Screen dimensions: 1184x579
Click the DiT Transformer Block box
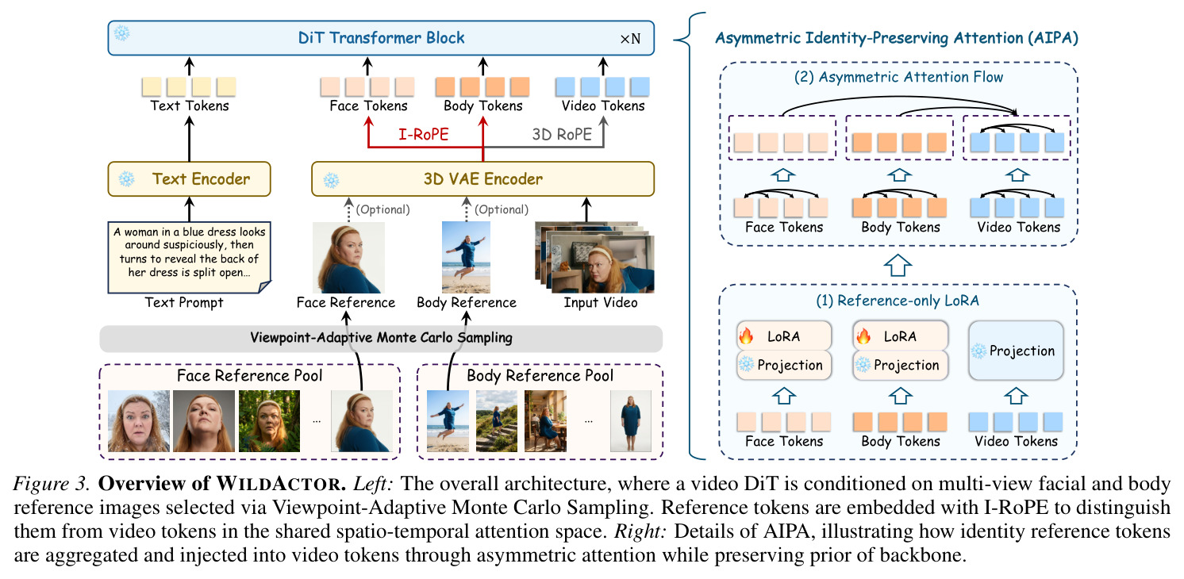coord(381,37)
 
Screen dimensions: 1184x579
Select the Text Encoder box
coord(189,179)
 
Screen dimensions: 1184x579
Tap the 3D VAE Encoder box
coord(482,179)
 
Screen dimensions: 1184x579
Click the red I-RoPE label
coord(424,134)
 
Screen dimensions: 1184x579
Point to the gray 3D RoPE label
coord(562,134)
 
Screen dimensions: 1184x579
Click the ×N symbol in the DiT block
coord(630,39)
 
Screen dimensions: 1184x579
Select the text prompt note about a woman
coord(189,257)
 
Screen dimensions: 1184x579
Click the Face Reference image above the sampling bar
coord(348,257)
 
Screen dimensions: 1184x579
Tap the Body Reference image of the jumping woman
coord(466,257)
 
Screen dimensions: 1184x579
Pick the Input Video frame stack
coord(594,257)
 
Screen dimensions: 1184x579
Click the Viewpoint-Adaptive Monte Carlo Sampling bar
coord(381,338)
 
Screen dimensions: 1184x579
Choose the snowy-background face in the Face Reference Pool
coord(139,421)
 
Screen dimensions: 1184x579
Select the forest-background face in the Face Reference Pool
coord(269,421)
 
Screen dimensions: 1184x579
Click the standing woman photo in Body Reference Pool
coord(631,421)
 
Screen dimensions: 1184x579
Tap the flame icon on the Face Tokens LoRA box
coord(746,336)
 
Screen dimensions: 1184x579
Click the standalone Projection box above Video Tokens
coord(1016,351)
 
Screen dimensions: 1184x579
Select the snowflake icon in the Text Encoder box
coord(126,179)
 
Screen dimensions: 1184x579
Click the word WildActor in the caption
coord(280,484)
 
